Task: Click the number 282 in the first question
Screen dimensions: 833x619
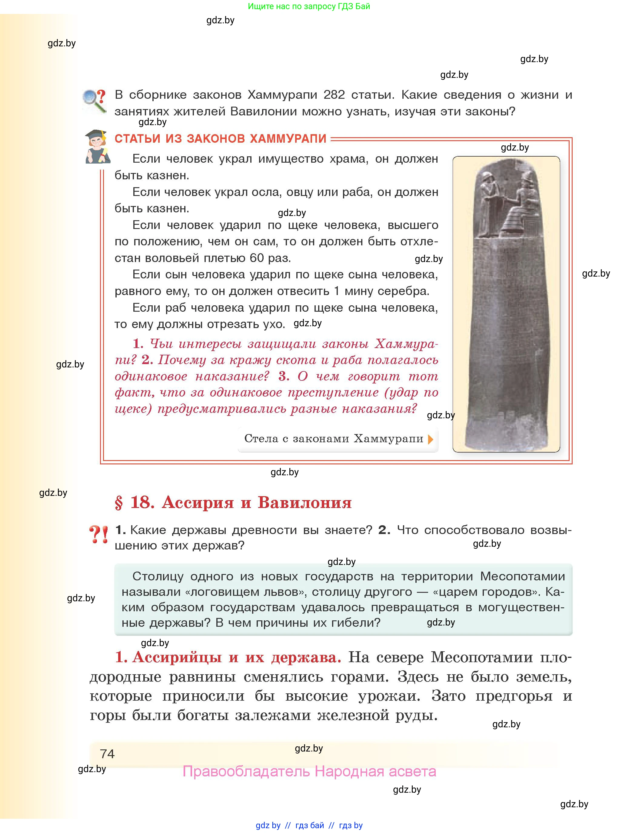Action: click(334, 95)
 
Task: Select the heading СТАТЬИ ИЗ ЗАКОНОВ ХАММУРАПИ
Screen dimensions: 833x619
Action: click(220, 139)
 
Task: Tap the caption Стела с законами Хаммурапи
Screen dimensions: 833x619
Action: click(334, 438)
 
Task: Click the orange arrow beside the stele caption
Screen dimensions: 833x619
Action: click(431, 439)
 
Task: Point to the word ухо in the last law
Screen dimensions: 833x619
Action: click(273, 324)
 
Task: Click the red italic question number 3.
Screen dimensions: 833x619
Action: click(283, 376)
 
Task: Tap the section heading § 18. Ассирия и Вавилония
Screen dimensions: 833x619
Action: click(233, 502)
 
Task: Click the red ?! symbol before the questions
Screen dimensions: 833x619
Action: click(98, 535)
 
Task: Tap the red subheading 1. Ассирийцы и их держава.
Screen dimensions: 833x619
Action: click(228, 657)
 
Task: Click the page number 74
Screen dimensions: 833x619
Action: click(107, 754)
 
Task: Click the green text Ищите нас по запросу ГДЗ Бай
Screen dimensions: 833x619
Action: click(309, 6)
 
